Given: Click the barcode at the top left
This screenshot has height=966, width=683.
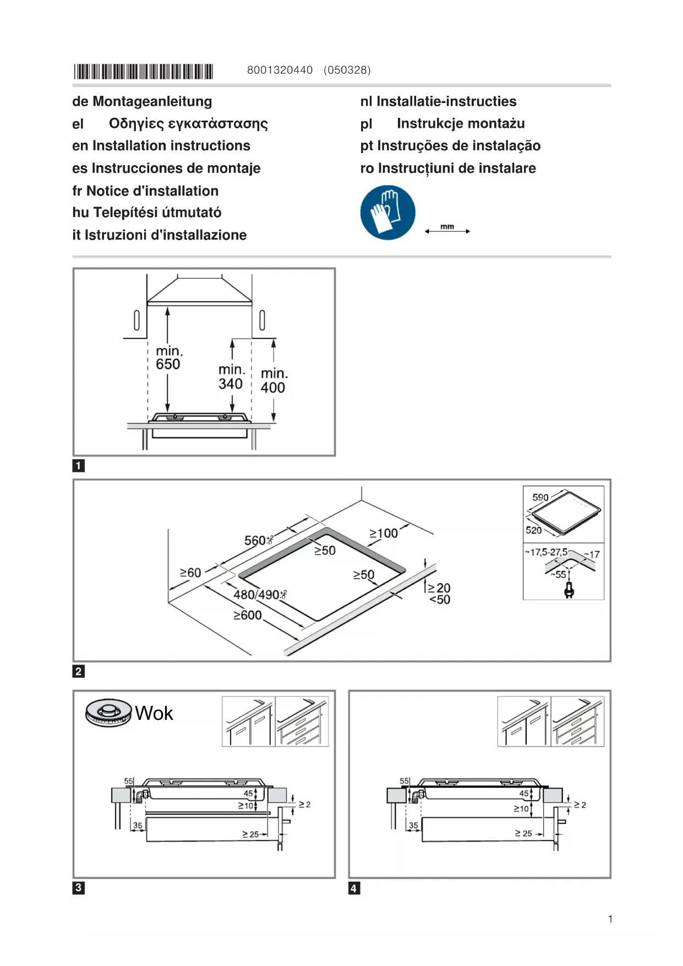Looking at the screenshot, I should pos(144,72).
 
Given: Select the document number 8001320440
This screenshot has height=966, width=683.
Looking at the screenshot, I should pos(280,70).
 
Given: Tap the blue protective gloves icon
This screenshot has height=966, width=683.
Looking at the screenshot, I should pos(387,212).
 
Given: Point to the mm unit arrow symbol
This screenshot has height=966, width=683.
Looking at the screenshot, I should pos(447,230).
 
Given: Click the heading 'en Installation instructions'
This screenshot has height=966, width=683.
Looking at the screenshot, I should pos(161,145).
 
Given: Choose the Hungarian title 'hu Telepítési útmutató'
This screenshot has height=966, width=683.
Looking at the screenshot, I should pos(147,213).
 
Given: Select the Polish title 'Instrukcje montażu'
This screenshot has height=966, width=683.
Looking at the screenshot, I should pos(461,123).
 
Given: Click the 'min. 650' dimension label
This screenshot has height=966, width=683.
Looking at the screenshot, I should pos(168,358).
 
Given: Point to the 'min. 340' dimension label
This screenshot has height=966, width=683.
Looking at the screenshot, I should pos(231,377).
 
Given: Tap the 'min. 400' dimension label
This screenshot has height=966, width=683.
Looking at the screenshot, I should pos(274,381).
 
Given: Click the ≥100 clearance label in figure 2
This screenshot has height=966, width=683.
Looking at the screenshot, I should pos(383,533).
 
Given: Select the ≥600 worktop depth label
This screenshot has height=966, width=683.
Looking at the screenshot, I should pos(247,615).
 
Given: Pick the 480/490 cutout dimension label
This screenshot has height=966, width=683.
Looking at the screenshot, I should pos(259,595).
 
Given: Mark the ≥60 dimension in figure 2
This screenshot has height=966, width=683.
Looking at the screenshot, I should pos(190,573).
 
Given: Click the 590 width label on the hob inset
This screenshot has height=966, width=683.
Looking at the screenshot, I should pos(540,497).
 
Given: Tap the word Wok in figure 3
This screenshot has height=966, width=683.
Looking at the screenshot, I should pos(154,713).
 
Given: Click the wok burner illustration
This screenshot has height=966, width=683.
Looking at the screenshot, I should pos(108,712).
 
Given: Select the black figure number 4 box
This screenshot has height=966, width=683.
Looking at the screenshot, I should pos(354,888).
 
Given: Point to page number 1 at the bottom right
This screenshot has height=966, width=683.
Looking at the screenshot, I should pos(610,919).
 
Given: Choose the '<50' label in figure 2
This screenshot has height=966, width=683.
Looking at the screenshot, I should pos(440,600).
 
